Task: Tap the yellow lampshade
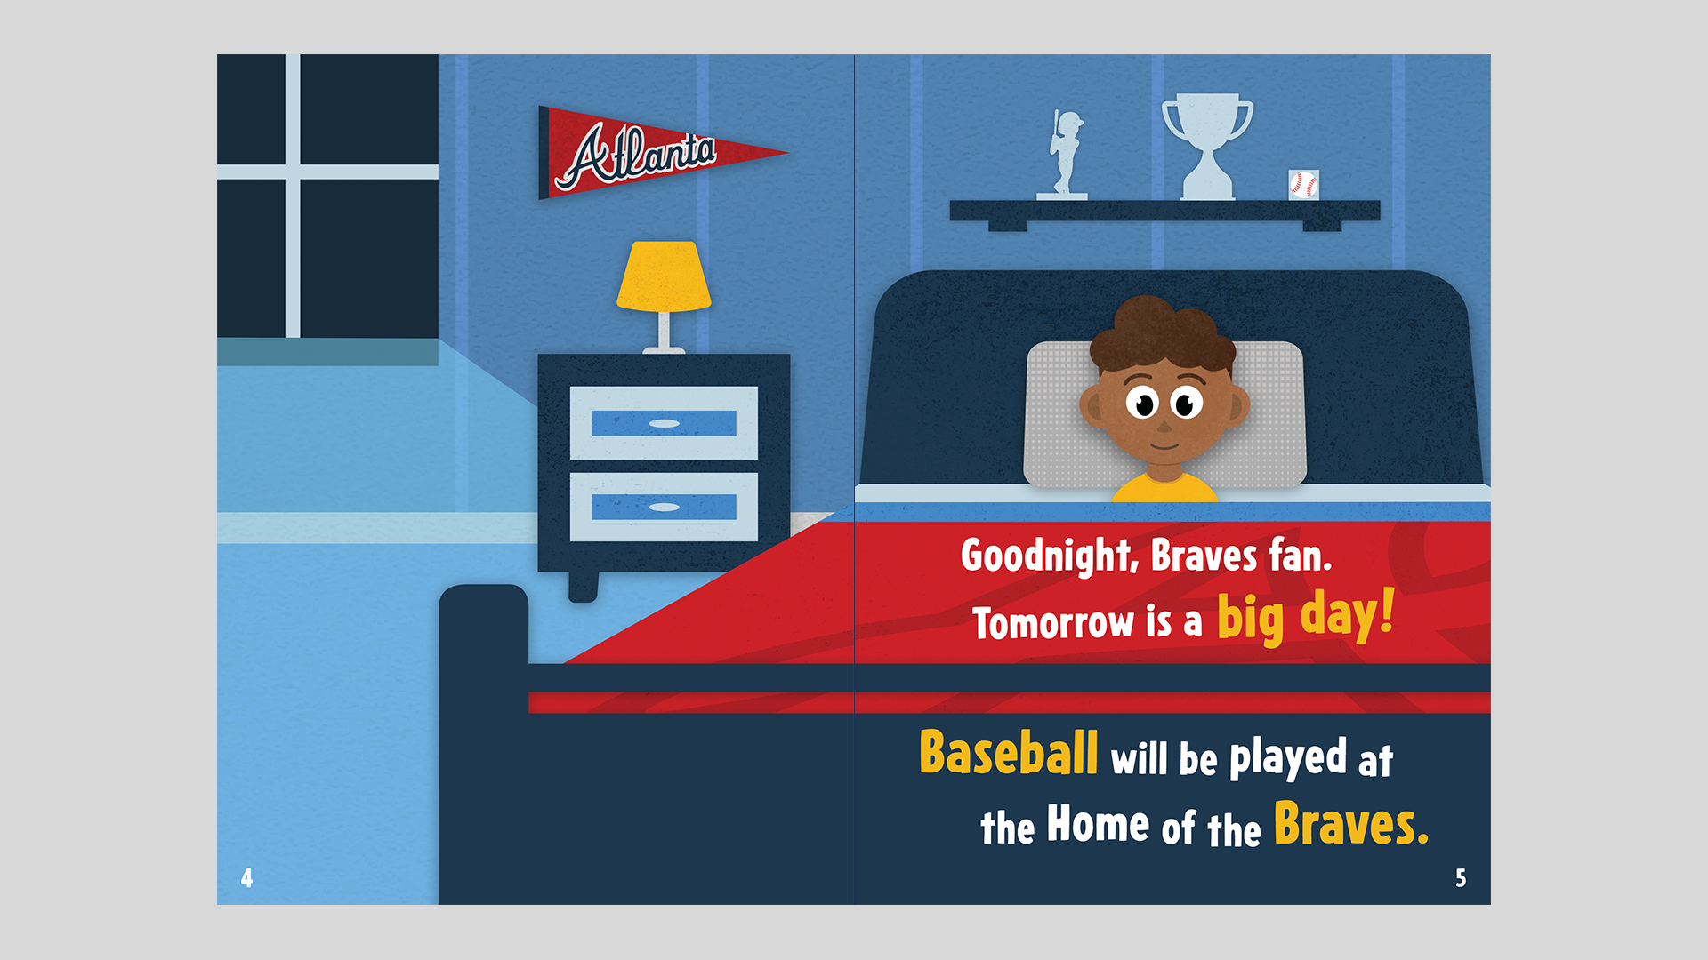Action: point(664,276)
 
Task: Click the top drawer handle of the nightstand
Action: point(664,423)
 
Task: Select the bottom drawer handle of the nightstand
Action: point(664,508)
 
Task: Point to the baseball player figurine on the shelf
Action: point(1063,154)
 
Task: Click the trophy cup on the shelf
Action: point(1207,146)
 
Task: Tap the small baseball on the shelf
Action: point(1303,185)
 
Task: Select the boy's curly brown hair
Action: point(1163,335)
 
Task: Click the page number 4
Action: point(246,878)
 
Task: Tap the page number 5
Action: point(1461,878)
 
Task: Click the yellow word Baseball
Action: point(1008,753)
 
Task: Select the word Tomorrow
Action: point(1053,622)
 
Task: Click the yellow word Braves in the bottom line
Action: point(1351,824)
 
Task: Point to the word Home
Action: point(1098,823)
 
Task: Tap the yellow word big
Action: point(1251,620)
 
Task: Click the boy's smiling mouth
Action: point(1164,445)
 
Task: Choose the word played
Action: point(1288,758)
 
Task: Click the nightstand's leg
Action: point(583,588)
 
